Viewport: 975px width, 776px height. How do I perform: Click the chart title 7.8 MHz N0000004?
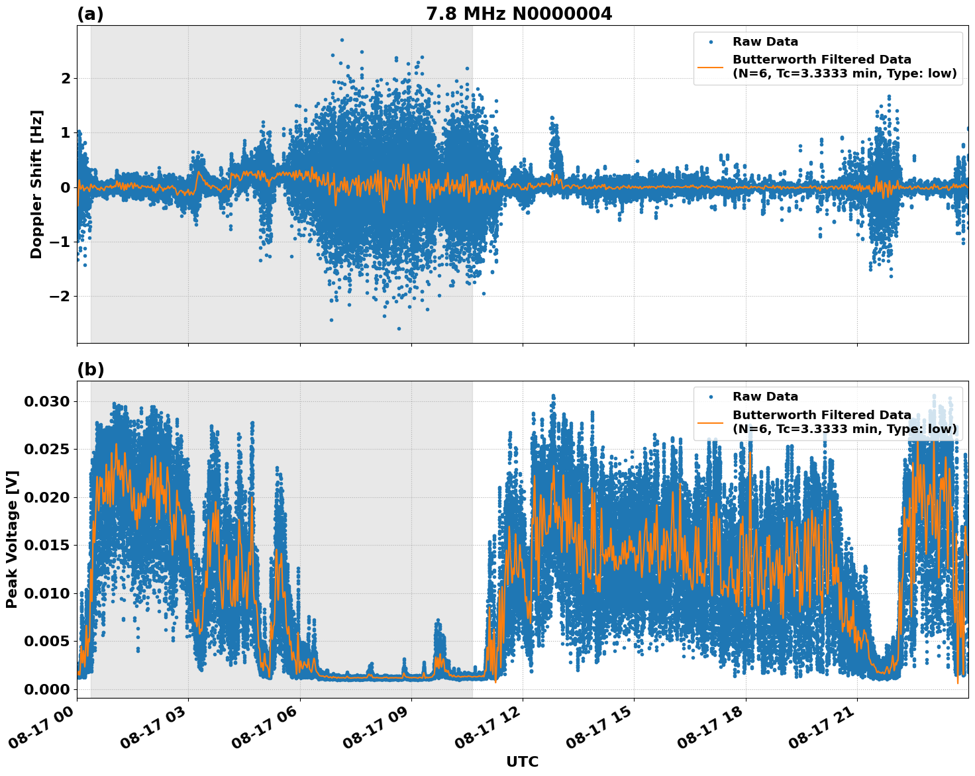(519, 14)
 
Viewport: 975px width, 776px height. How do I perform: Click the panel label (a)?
(90, 14)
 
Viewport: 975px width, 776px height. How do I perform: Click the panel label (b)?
(90, 369)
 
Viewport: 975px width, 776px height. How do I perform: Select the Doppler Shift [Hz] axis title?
(36, 184)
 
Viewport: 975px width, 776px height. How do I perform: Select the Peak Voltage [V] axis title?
(12, 539)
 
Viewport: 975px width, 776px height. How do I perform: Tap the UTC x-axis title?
(522, 761)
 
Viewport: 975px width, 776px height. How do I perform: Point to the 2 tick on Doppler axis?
(66, 79)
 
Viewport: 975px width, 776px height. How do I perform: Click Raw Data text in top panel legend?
(765, 42)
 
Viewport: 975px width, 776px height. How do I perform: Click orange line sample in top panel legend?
(711, 67)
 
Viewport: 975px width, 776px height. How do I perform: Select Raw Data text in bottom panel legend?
(765, 397)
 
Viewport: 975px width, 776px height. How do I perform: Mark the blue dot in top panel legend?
(711, 42)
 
